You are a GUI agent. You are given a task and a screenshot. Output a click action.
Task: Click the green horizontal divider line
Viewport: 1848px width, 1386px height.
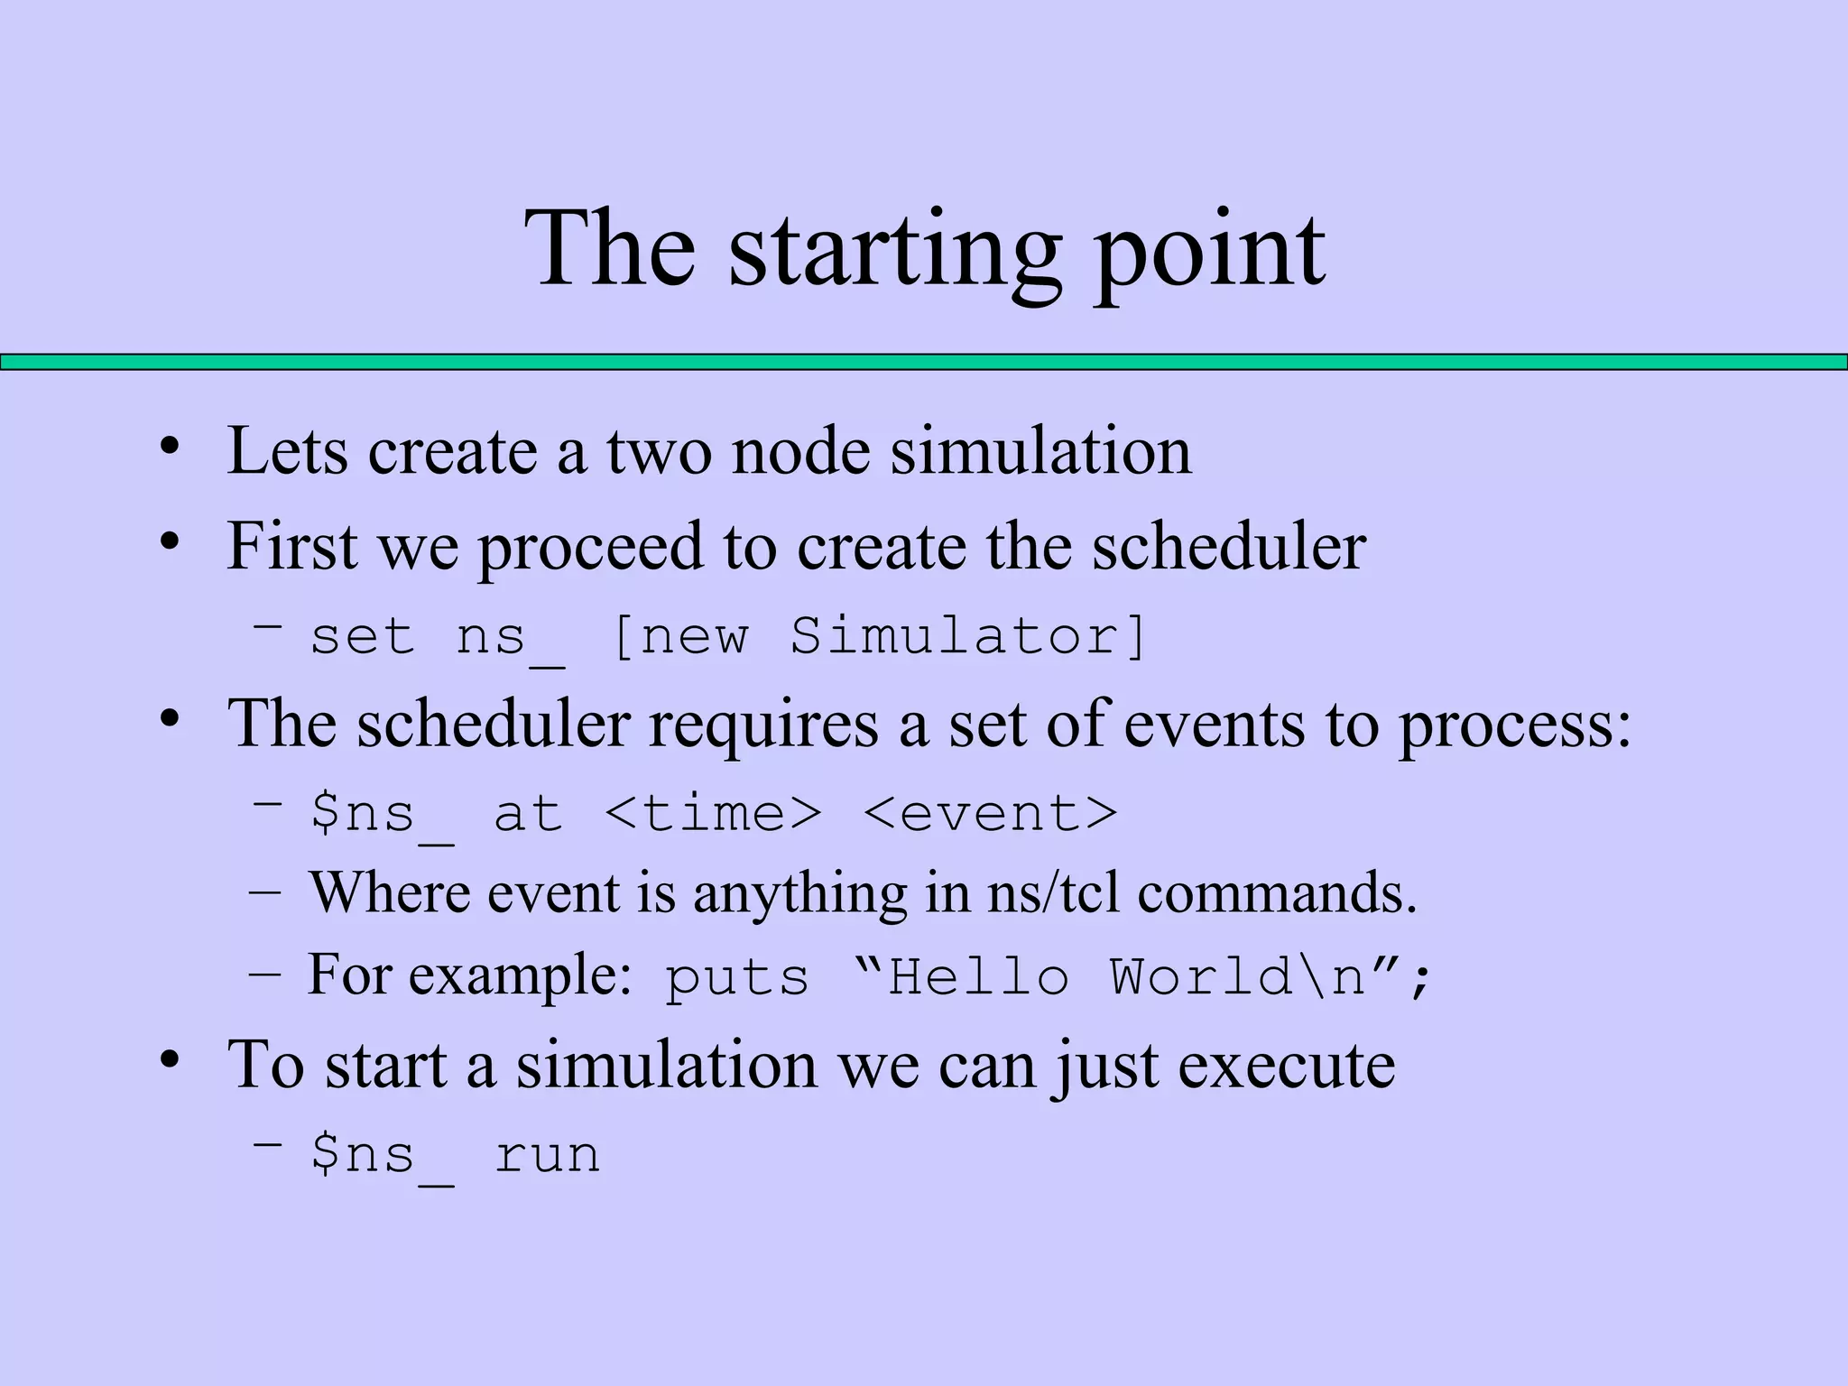[924, 362]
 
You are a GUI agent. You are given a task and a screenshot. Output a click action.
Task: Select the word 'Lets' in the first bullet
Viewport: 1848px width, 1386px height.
[287, 451]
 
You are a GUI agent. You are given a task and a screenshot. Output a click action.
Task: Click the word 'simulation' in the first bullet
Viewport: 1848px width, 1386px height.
[1041, 451]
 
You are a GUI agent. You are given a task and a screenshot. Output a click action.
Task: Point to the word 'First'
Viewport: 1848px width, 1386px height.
[291, 547]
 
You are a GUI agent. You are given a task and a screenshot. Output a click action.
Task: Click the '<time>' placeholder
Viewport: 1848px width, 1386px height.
[713, 814]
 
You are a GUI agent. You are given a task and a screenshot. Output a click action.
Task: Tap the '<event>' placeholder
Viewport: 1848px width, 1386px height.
[990, 814]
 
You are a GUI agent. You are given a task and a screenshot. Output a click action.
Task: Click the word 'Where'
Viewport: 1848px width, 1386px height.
[390, 893]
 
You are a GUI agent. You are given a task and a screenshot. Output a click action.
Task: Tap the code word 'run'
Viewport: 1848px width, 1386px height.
[547, 1155]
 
